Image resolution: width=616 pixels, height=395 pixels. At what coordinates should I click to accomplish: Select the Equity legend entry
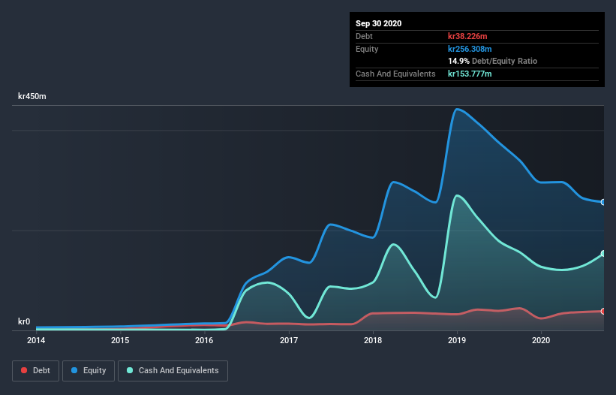(89, 370)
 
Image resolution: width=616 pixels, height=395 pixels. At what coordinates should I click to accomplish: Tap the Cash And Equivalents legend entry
(173, 370)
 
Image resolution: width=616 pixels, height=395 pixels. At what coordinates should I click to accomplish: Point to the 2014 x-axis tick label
(36, 340)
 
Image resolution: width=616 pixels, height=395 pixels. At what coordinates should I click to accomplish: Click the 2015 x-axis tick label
(120, 340)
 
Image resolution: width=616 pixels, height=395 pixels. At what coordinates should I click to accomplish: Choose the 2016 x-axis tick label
(204, 340)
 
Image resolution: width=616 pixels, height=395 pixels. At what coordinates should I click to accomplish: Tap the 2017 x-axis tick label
(289, 340)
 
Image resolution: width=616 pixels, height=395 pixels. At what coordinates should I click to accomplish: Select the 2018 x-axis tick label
(373, 340)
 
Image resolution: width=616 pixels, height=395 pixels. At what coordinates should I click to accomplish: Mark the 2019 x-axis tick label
(457, 340)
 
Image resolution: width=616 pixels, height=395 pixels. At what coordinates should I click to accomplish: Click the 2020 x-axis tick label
(541, 340)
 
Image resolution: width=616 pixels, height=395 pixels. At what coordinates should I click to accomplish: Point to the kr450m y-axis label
(33, 97)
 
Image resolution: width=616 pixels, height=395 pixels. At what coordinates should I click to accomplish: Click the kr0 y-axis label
(24, 322)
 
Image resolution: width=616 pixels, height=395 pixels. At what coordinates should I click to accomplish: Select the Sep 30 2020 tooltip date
(379, 23)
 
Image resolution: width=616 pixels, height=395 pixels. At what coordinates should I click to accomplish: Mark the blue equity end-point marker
(602, 202)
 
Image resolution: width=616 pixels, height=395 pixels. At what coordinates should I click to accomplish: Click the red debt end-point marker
(602, 311)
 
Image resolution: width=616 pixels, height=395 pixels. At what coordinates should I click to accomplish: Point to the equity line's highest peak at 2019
(455, 109)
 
